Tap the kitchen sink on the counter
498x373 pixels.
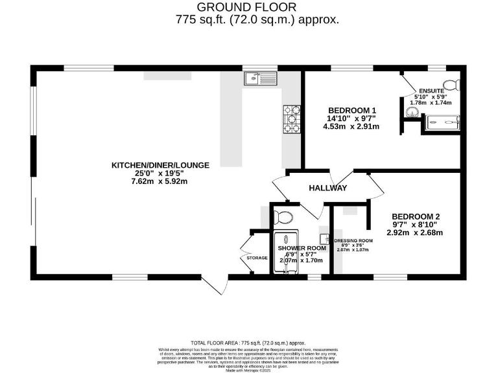click(259, 79)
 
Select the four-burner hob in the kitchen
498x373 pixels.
click(290, 119)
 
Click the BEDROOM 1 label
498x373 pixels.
click(351, 109)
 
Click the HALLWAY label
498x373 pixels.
click(328, 188)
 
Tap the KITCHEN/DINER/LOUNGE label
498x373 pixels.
click(160, 165)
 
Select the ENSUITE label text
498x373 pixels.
click(431, 91)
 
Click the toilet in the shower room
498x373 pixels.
click(284, 216)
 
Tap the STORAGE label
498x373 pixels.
click(257, 258)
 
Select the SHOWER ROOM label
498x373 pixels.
click(302, 248)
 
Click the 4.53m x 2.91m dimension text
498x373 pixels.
click(351, 126)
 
